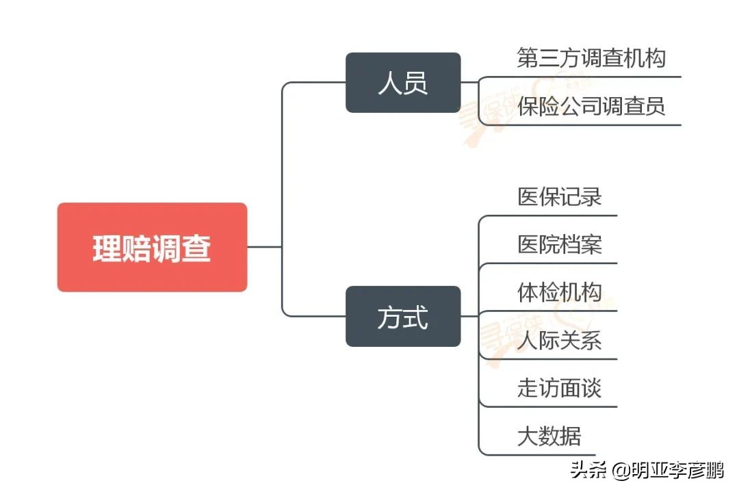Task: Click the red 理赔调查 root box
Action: tap(152, 247)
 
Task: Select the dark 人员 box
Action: tap(402, 83)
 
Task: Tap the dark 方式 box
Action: tap(402, 316)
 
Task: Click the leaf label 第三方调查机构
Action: tap(591, 58)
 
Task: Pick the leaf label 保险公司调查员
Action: tap(591, 106)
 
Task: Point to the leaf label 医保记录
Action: tap(559, 197)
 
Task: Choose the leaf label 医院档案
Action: tap(559, 244)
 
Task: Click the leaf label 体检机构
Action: tap(559, 292)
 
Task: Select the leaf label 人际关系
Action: tap(559, 340)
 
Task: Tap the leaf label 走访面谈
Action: tap(559, 388)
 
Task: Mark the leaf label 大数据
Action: tap(549, 436)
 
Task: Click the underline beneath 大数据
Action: tap(547, 455)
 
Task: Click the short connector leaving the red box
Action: tap(264, 247)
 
